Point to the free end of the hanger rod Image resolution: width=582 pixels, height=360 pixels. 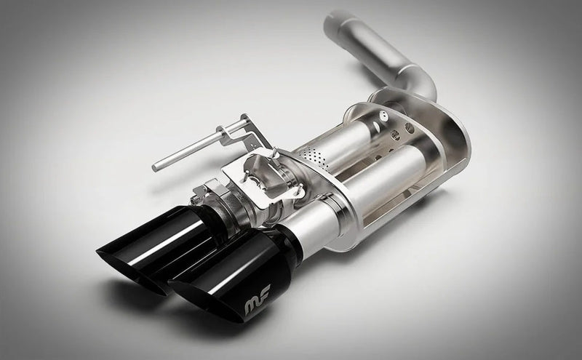click(156, 168)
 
